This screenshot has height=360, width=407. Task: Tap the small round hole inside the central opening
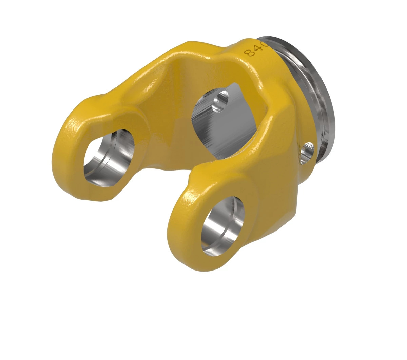(220, 100)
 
